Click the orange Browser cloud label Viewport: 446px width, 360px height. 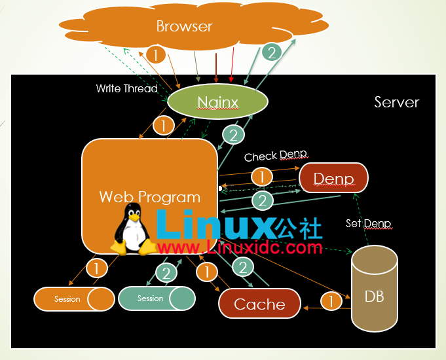[x=184, y=27]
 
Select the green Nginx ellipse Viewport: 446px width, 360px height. [x=218, y=101]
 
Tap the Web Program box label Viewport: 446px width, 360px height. [x=150, y=196]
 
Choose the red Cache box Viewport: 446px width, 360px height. [x=259, y=304]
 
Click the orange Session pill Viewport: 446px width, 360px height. [x=74, y=299]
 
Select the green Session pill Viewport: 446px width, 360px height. [x=157, y=298]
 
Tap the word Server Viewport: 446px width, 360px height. [x=396, y=102]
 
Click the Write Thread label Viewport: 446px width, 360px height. [x=126, y=88]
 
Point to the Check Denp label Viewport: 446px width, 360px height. [x=275, y=156]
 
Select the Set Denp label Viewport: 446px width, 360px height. [x=368, y=223]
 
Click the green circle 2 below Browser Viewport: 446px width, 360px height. [x=271, y=52]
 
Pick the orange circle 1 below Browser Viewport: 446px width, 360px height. [x=156, y=54]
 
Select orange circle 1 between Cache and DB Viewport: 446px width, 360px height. [x=331, y=301]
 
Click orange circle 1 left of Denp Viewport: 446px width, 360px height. [x=261, y=177]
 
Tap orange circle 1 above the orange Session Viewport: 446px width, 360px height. [x=96, y=268]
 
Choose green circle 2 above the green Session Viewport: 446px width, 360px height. [x=166, y=273]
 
